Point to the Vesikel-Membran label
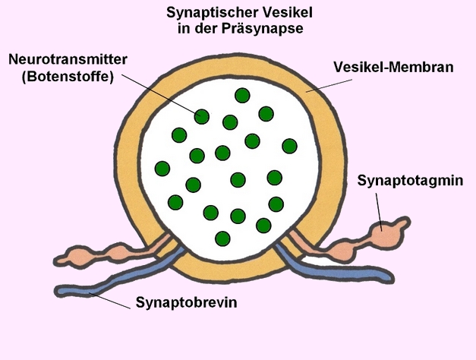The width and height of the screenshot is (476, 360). click(x=392, y=66)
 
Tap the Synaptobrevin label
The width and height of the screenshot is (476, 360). click(x=187, y=303)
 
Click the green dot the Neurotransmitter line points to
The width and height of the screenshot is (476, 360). click(x=201, y=116)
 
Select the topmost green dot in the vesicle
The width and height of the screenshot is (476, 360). click(x=242, y=95)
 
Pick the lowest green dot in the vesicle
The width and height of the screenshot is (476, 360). click(x=222, y=238)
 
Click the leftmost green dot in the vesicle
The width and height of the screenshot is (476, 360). click(x=162, y=168)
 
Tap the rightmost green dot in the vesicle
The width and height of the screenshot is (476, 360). click(x=289, y=145)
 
